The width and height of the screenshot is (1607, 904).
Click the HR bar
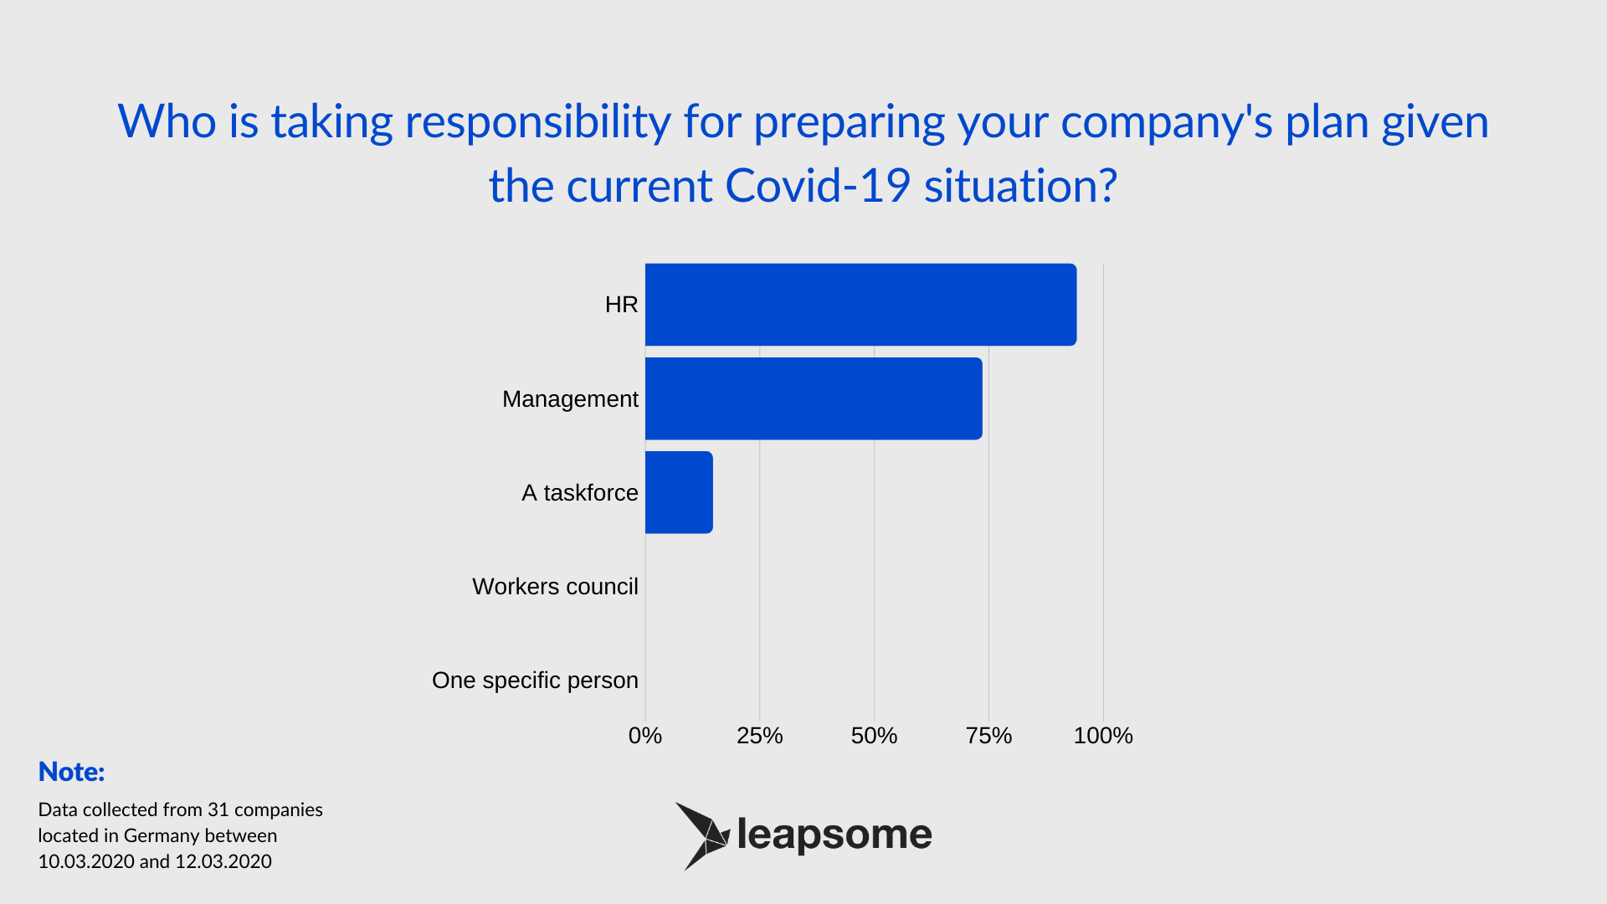[x=860, y=305]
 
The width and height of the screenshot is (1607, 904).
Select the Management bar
[x=814, y=398]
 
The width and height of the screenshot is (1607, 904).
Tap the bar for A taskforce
[x=679, y=492]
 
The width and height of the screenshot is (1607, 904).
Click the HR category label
[x=621, y=305]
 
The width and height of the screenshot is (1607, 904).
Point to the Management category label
[x=570, y=399]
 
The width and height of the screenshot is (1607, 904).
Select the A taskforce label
[x=580, y=493]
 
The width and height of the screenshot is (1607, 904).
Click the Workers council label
[x=555, y=587]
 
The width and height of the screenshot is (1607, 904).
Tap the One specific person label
[x=535, y=681]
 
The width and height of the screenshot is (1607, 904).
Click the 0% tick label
[x=645, y=736]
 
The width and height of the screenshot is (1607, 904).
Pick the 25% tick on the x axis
[x=760, y=736]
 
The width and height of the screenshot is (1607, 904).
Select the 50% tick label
[x=874, y=736]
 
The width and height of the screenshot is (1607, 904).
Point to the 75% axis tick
[x=988, y=736]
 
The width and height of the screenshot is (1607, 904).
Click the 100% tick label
[x=1103, y=736]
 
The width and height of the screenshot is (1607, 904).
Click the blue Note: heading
[x=72, y=772]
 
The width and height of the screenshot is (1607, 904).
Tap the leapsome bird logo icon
[x=703, y=836]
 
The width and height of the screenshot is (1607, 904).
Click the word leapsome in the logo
[x=834, y=835]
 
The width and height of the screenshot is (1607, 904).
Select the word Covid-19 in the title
[x=817, y=186]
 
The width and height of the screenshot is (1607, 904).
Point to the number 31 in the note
[x=218, y=810]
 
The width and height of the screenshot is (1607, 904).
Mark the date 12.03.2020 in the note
[x=223, y=862]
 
